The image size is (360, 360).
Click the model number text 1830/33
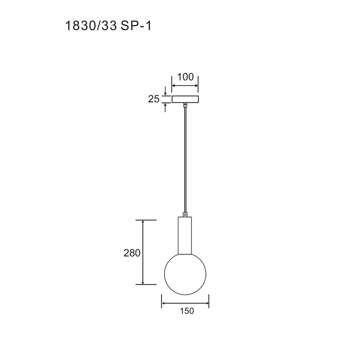click(x=91, y=26)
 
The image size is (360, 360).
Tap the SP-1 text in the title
click(x=136, y=26)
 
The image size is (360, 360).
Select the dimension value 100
click(x=185, y=77)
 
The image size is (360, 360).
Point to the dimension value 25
click(x=154, y=99)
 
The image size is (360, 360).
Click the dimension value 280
click(x=132, y=253)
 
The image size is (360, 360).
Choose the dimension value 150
click(x=187, y=311)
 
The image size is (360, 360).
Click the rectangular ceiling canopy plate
click(x=185, y=99)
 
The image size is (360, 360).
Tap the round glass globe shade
click(x=185, y=274)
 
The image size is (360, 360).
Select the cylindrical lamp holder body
click(x=185, y=235)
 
